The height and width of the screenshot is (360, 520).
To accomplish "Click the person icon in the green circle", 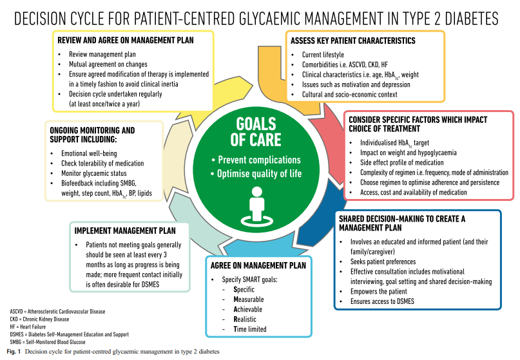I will (x=259, y=207).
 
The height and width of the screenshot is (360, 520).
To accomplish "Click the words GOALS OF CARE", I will (x=256, y=131).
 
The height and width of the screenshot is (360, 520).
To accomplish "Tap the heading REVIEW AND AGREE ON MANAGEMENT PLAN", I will (x=126, y=40).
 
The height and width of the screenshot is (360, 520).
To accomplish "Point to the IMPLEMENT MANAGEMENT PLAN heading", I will (x=126, y=231).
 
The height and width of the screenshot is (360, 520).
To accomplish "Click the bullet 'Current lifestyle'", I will (x=322, y=55).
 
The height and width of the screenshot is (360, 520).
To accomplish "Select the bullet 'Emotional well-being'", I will (x=90, y=153).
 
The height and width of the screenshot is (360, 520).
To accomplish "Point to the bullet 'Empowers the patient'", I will (x=376, y=290).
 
